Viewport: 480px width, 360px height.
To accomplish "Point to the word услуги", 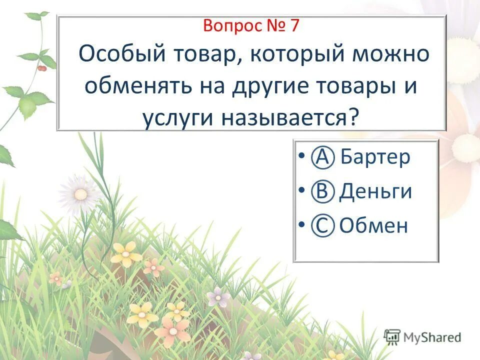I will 169,118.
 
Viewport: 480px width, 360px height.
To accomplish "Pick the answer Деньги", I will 375,191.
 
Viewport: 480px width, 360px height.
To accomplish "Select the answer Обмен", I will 373,226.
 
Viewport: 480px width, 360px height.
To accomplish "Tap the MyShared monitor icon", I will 392,336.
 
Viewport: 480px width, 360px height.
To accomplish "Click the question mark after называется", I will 354,118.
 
